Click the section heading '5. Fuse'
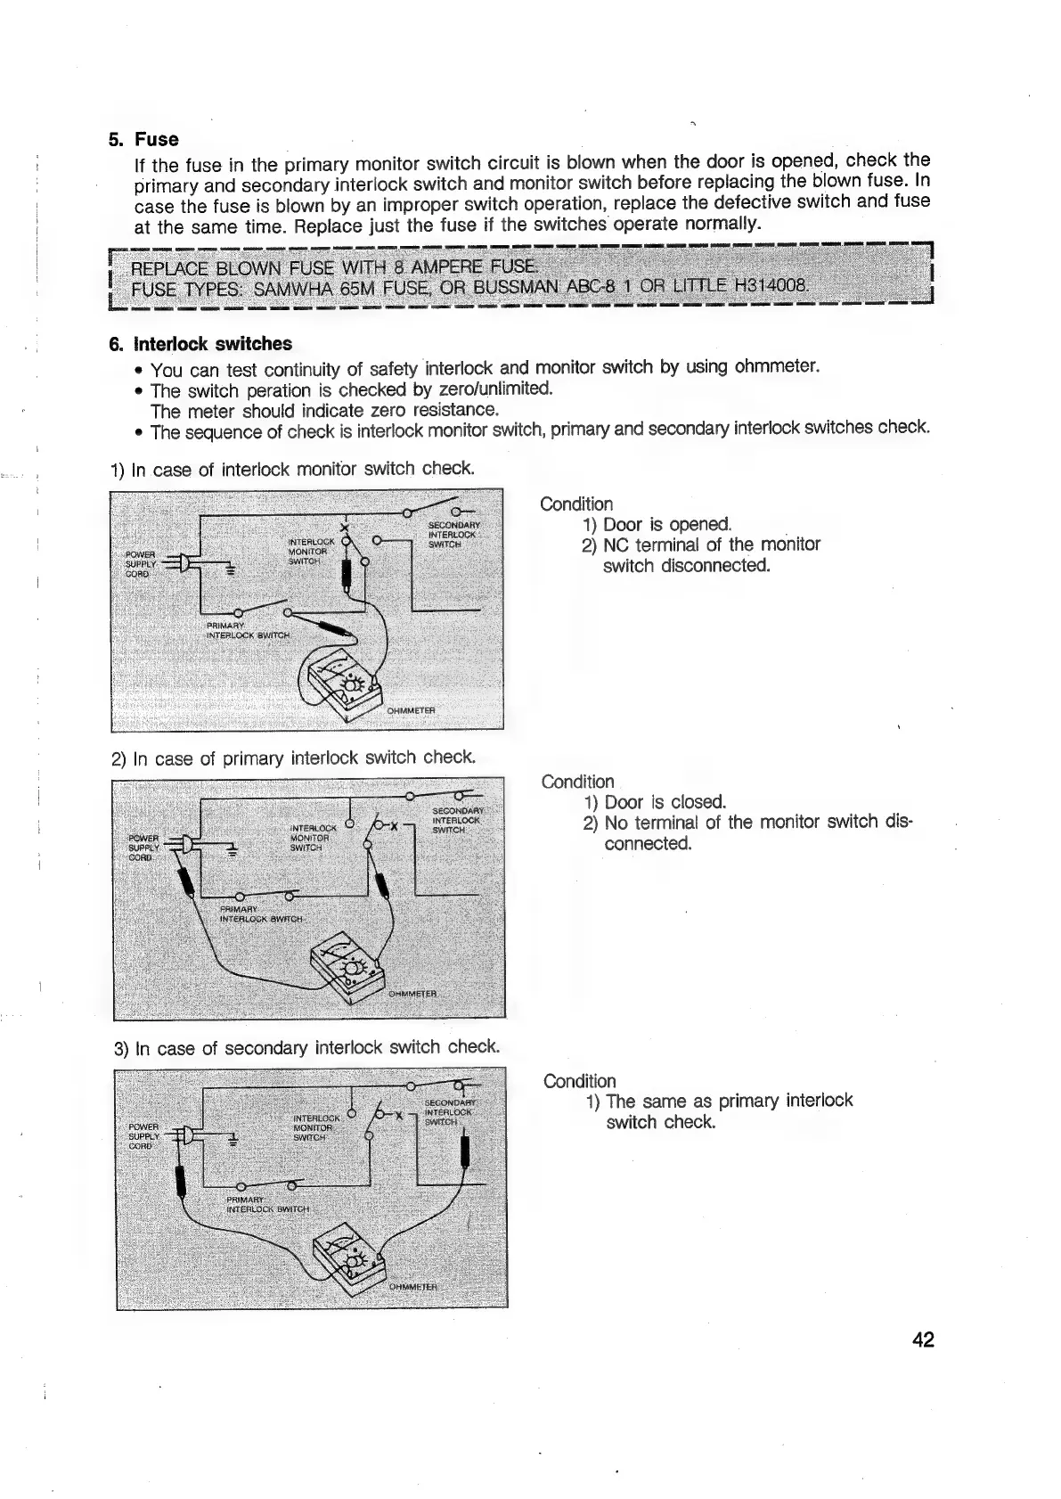tap(143, 139)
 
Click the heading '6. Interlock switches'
tap(200, 344)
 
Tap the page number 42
tap(923, 1339)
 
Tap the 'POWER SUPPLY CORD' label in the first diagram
tap(140, 563)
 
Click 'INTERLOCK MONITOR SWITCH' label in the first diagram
tap(308, 551)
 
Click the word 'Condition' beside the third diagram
tap(579, 1081)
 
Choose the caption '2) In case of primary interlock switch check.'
tap(293, 758)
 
